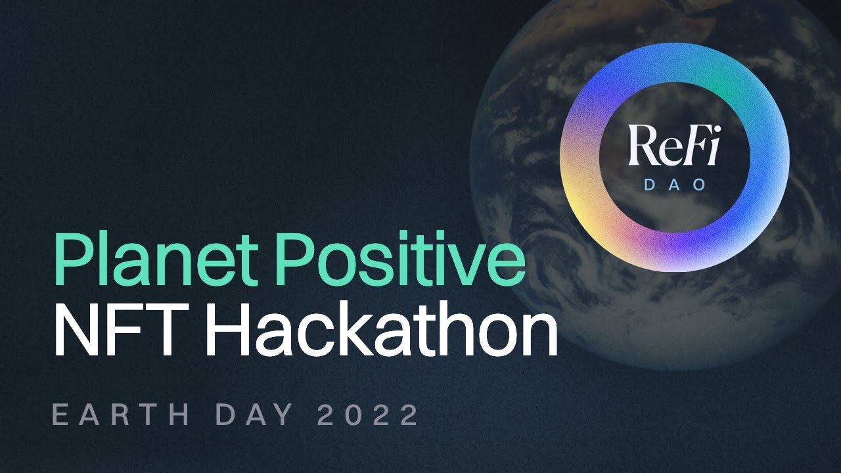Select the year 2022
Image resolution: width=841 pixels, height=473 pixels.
click(368, 416)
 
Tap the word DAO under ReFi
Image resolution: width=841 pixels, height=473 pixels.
click(674, 185)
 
